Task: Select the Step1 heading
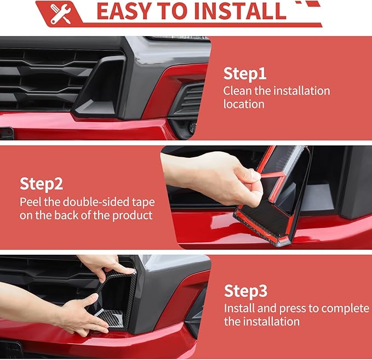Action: (244, 74)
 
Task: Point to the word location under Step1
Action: (244, 104)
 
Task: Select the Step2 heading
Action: (42, 184)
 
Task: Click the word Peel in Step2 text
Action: (31, 201)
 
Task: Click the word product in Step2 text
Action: (131, 215)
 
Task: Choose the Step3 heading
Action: (245, 290)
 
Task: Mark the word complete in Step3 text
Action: (343, 308)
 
